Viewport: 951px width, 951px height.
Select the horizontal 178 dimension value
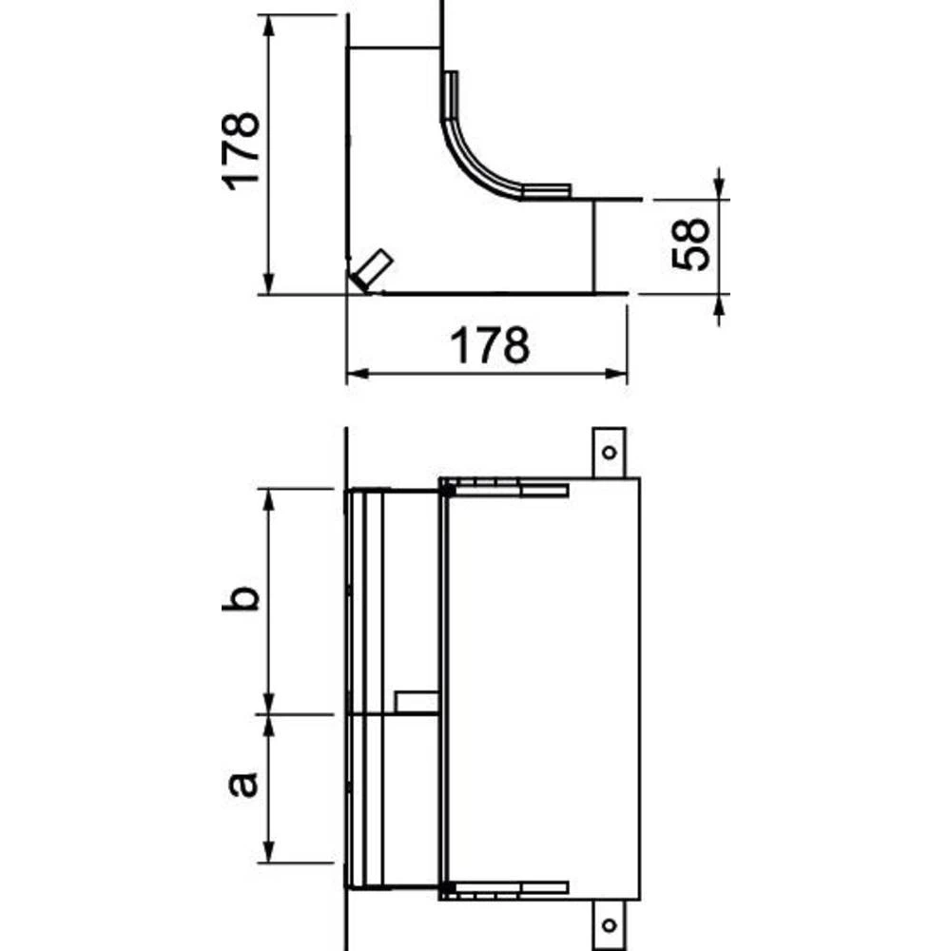(x=489, y=346)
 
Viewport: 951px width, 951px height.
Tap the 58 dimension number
(x=691, y=244)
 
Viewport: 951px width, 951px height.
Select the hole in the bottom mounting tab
(x=610, y=922)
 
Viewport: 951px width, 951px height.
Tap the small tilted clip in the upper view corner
(x=370, y=270)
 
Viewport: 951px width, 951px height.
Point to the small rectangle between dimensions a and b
(x=416, y=702)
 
